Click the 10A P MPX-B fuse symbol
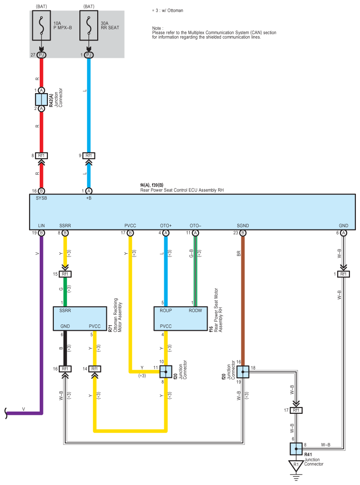click(x=42, y=26)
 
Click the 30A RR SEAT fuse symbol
click(x=89, y=26)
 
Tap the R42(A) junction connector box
click(x=42, y=99)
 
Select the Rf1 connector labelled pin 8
click(x=42, y=156)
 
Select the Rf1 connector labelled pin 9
click(x=89, y=156)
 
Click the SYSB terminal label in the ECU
click(x=42, y=198)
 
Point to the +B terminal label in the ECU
click(x=89, y=198)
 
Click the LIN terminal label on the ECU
click(x=42, y=225)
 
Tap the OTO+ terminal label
click(x=166, y=225)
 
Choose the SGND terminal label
click(x=243, y=225)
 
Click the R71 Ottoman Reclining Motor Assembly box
click(x=80, y=318)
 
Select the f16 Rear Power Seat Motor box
click(x=181, y=318)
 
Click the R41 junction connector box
click(x=296, y=449)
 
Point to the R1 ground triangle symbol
click(x=296, y=466)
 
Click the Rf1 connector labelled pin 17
click(x=296, y=410)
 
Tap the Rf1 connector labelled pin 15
click(x=65, y=274)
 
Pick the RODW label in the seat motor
click(x=195, y=311)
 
